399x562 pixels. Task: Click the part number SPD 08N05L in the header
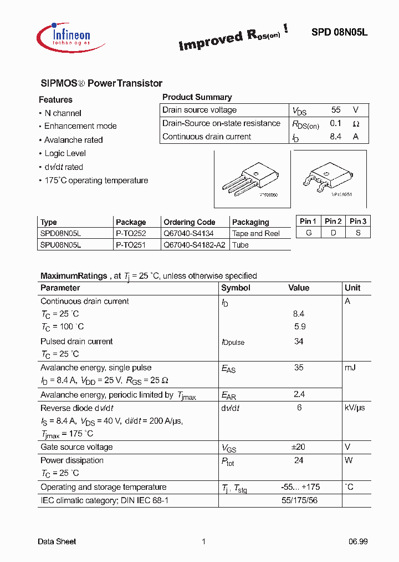[x=339, y=32]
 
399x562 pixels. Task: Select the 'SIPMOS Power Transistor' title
[x=101, y=83]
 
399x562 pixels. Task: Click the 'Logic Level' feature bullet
[x=65, y=153]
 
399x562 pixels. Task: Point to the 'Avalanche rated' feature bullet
[x=73, y=140]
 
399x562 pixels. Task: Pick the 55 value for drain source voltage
[x=336, y=110]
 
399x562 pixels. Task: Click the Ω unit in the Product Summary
[x=356, y=124]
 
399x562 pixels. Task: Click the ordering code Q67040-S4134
[x=188, y=234]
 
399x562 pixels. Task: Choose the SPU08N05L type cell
[x=60, y=245]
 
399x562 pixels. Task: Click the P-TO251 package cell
[x=131, y=245]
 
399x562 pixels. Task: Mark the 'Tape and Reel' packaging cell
[x=256, y=234]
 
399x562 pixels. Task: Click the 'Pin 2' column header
[x=333, y=221]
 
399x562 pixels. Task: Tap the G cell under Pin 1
[x=308, y=233]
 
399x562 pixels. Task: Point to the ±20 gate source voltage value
[x=299, y=447]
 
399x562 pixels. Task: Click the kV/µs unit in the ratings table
[x=355, y=408]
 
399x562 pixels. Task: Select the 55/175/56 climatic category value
[x=299, y=500]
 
